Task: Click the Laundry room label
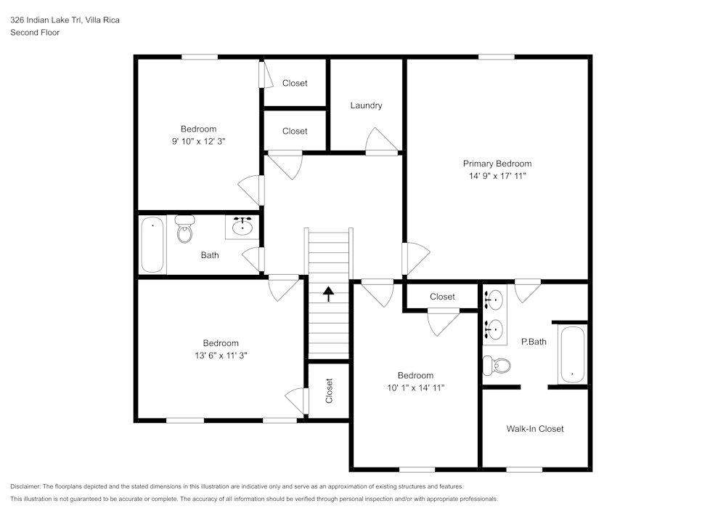pyautogui.click(x=366, y=105)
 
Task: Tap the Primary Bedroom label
pyautogui.click(x=497, y=164)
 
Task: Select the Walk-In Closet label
pyautogui.click(x=535, y=429)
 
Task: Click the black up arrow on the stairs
pyautogui.click(x=328, y=294)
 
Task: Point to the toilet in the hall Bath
pyautogui.click(x=184, y=229)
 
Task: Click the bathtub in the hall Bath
pyautogui.click(x=152, y=245)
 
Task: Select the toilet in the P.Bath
pyautogui.click(x=497, y=365)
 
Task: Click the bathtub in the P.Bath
pyautogui.click(x=572, y=356)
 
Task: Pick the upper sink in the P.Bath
pyautogui.click(x=494, y=298)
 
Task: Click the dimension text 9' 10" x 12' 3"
pyautogui.click(x=198, y=142)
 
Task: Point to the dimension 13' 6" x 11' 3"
pyautogui.click(x=220, y=356)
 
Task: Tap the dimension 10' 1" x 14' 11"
pyautogui.click(x=415, y=388)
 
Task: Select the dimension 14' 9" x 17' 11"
pyautogui.click(x=497, y=176)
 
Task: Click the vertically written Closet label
pyautogui.click(x=329, y=391)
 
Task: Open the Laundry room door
pyautogui.click(x=382, y=142)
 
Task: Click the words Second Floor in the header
pyautogui.click(x=35, y=33)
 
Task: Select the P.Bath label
pyautogui.click(x=534, y=341)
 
